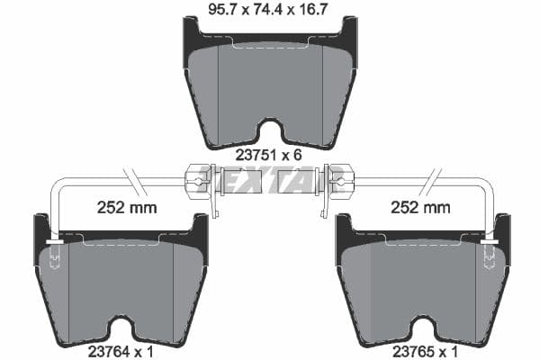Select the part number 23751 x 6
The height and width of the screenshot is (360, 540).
point(267,154)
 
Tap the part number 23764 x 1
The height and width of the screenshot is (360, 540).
point(121,350)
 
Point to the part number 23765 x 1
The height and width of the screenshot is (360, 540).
point(421,350)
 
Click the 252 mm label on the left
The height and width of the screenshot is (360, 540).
point(126,208)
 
